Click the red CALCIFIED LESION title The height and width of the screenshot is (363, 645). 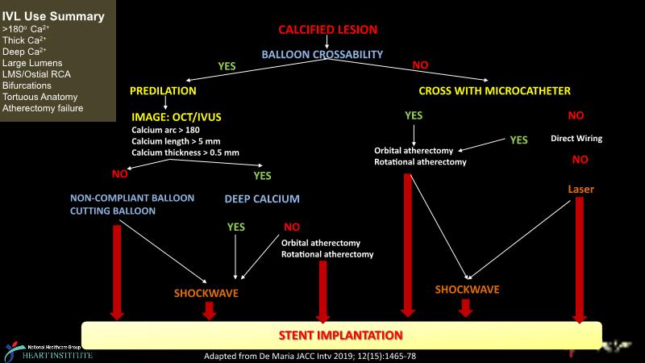[327, 30]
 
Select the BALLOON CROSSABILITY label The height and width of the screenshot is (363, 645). [322, 55]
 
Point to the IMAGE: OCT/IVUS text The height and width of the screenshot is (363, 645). [176, 117]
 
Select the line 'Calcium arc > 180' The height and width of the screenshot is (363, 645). [166, 130]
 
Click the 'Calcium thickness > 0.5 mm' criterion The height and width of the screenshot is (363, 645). [185, 152]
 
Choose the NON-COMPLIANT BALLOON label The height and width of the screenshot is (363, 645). [124, 198]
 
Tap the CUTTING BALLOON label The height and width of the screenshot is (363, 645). [112, 211]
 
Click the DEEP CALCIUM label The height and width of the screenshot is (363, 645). [262, 198]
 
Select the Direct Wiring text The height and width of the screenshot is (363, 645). [576, 139]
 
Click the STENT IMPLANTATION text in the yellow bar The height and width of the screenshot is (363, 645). [340, 334]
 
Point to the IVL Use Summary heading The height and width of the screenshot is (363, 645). [52, 16]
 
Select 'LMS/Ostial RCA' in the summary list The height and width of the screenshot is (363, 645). [36, 73]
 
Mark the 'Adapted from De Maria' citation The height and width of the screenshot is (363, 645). [311, 356]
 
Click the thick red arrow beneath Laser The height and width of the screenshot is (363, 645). [579, 258]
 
